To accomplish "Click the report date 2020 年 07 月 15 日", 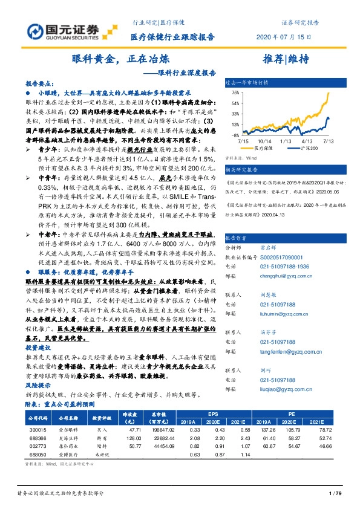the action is coord(284,37).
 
